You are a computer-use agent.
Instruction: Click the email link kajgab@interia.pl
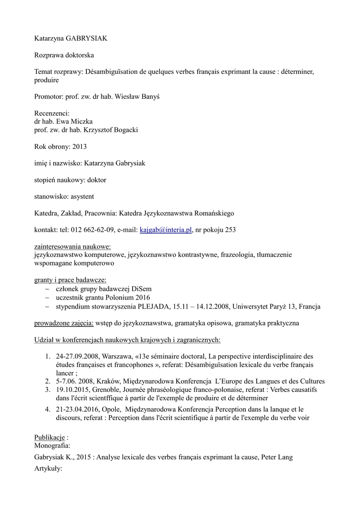coord(166,230)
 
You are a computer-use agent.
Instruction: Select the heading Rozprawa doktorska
coord(64,55)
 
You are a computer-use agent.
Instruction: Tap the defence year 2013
coord(79,146)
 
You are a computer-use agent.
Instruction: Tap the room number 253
coord(230,230)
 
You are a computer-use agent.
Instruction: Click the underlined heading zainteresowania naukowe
coord(72,247)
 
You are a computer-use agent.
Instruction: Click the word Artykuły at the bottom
coord(48,467)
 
